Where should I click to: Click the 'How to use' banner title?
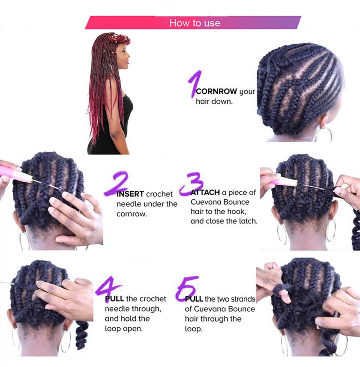194,23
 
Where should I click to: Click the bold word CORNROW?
217,91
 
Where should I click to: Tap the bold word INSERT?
130,194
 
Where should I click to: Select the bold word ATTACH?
205,192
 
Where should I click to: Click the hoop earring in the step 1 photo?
323,134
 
